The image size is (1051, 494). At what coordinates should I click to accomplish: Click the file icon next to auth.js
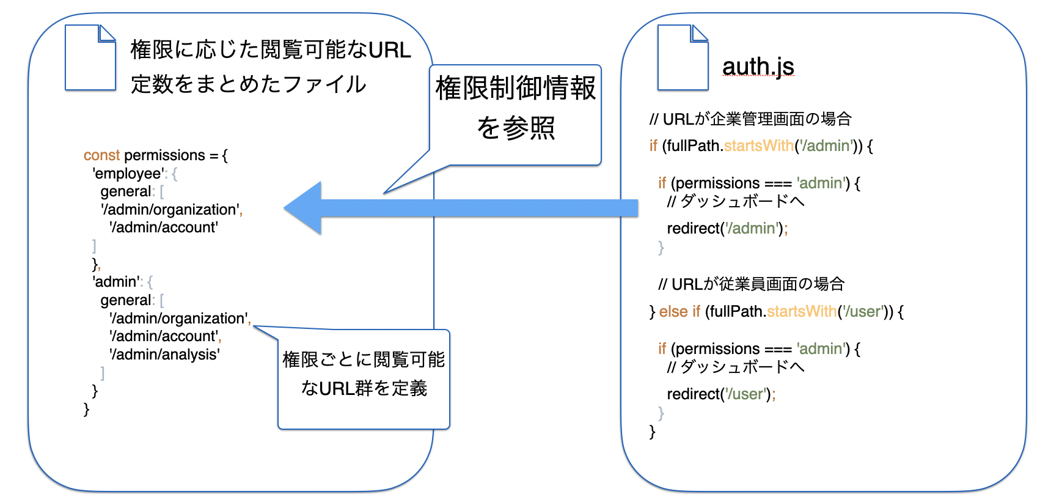pyautogui.click(x=683, y=57)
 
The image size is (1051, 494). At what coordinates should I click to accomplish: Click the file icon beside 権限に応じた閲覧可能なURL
pyautogui.click(x=90, y=57)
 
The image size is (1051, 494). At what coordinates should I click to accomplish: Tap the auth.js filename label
pyautogui.click(x=758, y=66)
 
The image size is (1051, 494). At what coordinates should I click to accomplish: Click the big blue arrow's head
pyautogui.click(x=306, y=208)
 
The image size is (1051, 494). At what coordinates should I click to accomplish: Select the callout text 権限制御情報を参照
pyautogui.click(x=515, y=108)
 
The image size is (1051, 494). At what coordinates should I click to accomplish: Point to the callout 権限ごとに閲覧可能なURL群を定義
pyautogui.click(x=364, y=374)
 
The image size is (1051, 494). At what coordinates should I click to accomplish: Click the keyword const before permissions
pyautogui.click(x=101, y=155)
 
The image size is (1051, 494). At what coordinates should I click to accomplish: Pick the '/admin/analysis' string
pyautogui.click(x=164, y=355)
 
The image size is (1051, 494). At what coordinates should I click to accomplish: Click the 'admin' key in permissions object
pyautogui.click(x=116, y=282)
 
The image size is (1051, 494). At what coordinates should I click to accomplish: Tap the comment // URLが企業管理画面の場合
pyautogui.click(x=750, y=119)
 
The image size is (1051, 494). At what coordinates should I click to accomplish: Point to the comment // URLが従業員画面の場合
pyautogui.click(x=752, y=284)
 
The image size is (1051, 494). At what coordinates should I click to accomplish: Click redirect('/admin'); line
pyautogui.click(x=727, y=229)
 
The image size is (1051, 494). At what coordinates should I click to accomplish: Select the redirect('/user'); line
pyautogui.click(x=721, y=394)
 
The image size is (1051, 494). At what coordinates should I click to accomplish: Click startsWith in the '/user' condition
pyautogui.click(x=802, y=312)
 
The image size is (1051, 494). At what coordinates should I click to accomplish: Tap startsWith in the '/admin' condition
pyautogui.click(x=758, y=146)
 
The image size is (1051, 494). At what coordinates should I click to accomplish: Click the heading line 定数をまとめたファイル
pyautogui.click(x=248, y=84)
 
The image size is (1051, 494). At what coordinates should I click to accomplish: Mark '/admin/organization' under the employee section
pyautogui.click(x=170, y=210)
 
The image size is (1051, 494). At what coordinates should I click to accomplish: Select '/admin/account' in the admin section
pyautogui.click(x=164, y=336)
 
